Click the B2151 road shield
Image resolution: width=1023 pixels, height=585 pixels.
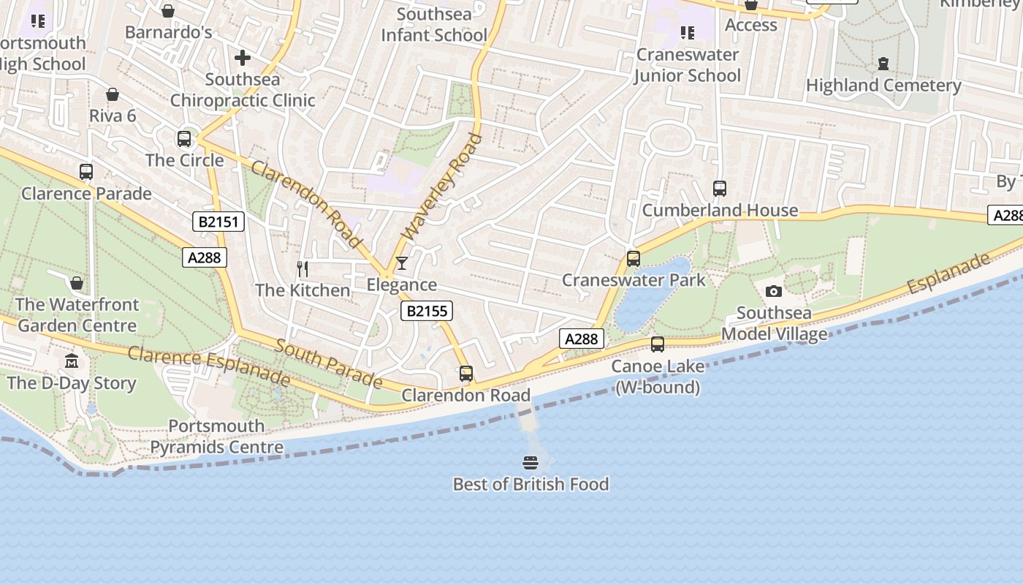(218, 222)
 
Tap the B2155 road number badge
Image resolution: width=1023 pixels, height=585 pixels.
(427, 312)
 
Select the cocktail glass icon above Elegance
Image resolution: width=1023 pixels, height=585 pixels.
(401, 263)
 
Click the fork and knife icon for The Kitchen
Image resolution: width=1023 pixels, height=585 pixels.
(303, 269)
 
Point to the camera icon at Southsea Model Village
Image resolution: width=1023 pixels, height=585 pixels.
(774, 292)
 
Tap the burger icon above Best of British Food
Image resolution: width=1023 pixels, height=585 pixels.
(530, 463)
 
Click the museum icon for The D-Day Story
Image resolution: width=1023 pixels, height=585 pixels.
(72, 361)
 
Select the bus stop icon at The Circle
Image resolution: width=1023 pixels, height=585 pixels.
(184, 139)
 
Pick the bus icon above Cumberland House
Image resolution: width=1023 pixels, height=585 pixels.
(720, 189)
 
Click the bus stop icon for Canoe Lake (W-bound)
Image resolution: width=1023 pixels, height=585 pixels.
(658, 344)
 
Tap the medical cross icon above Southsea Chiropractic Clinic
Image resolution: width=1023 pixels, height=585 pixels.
(243, 58)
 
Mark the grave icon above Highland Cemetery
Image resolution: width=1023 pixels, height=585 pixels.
(883, 64)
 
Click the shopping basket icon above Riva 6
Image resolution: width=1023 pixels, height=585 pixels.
(113, 94)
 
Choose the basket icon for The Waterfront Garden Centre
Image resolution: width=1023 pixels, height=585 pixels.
(77, 283)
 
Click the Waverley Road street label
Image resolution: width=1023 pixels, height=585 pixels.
(443, 186)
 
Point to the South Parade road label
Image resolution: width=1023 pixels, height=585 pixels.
(328, 363)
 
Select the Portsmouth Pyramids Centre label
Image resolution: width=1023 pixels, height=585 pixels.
(216, 437)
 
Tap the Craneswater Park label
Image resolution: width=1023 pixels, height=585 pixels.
(634, 280)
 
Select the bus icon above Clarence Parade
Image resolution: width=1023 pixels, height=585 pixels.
(86, 172)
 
